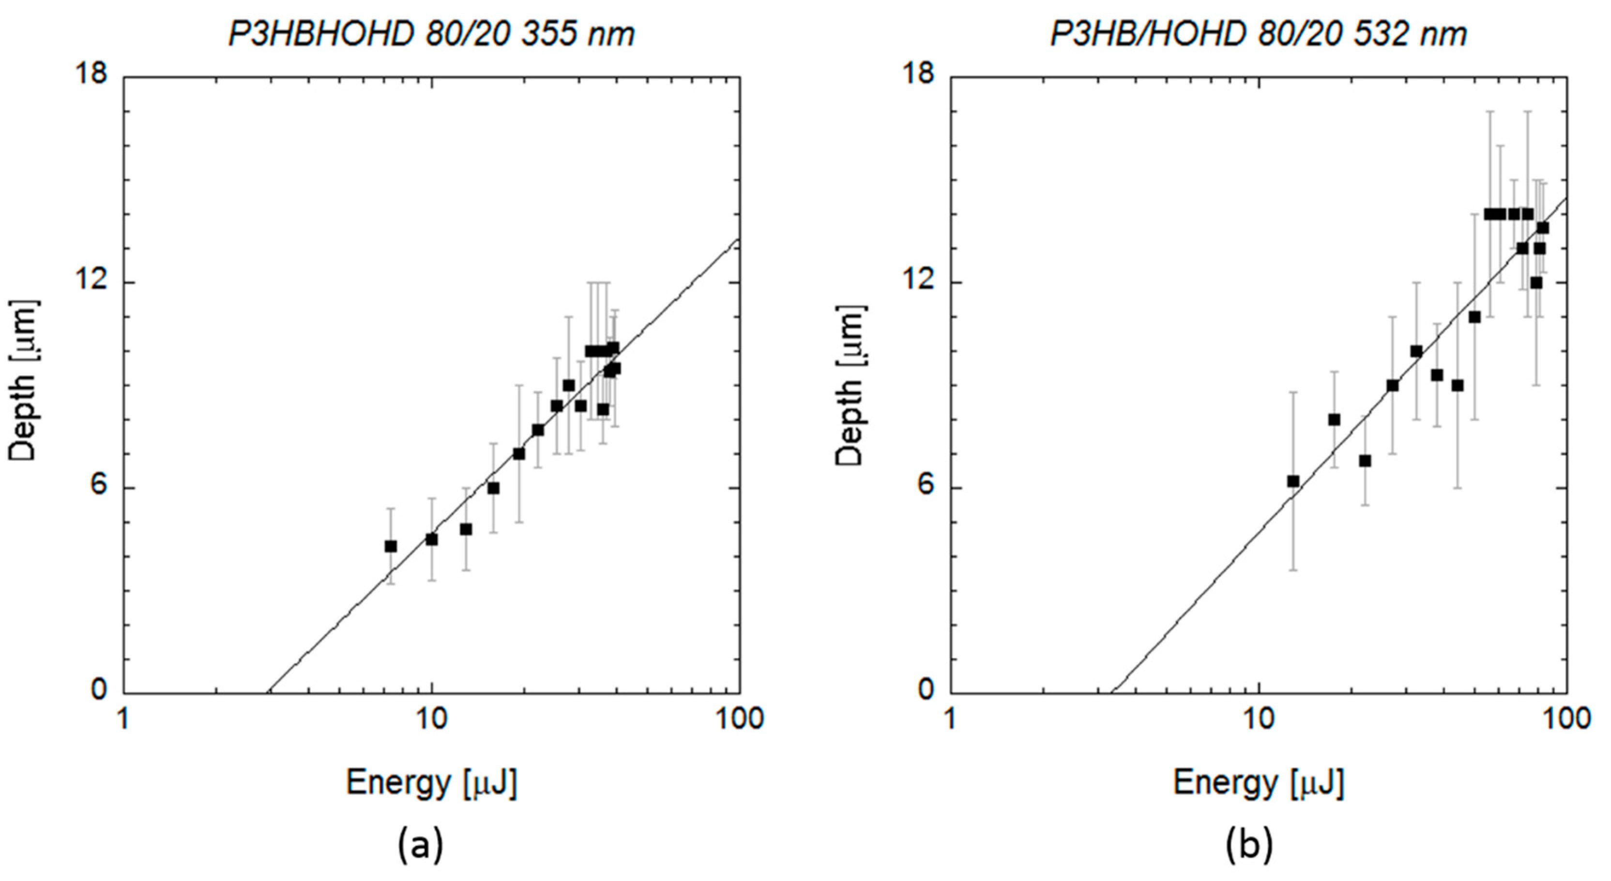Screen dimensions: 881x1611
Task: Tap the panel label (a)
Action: (420, 845)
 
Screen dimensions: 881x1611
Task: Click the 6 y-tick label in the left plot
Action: (99, 488)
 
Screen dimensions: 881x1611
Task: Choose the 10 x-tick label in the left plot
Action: (431, 719)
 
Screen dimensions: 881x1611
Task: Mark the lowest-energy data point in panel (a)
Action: (391, 547)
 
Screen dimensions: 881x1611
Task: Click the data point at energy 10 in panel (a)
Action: (431, 539)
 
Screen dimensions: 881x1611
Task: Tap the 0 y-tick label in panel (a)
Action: (99, 690)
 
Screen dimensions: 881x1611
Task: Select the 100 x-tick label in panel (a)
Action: (739, 719)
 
